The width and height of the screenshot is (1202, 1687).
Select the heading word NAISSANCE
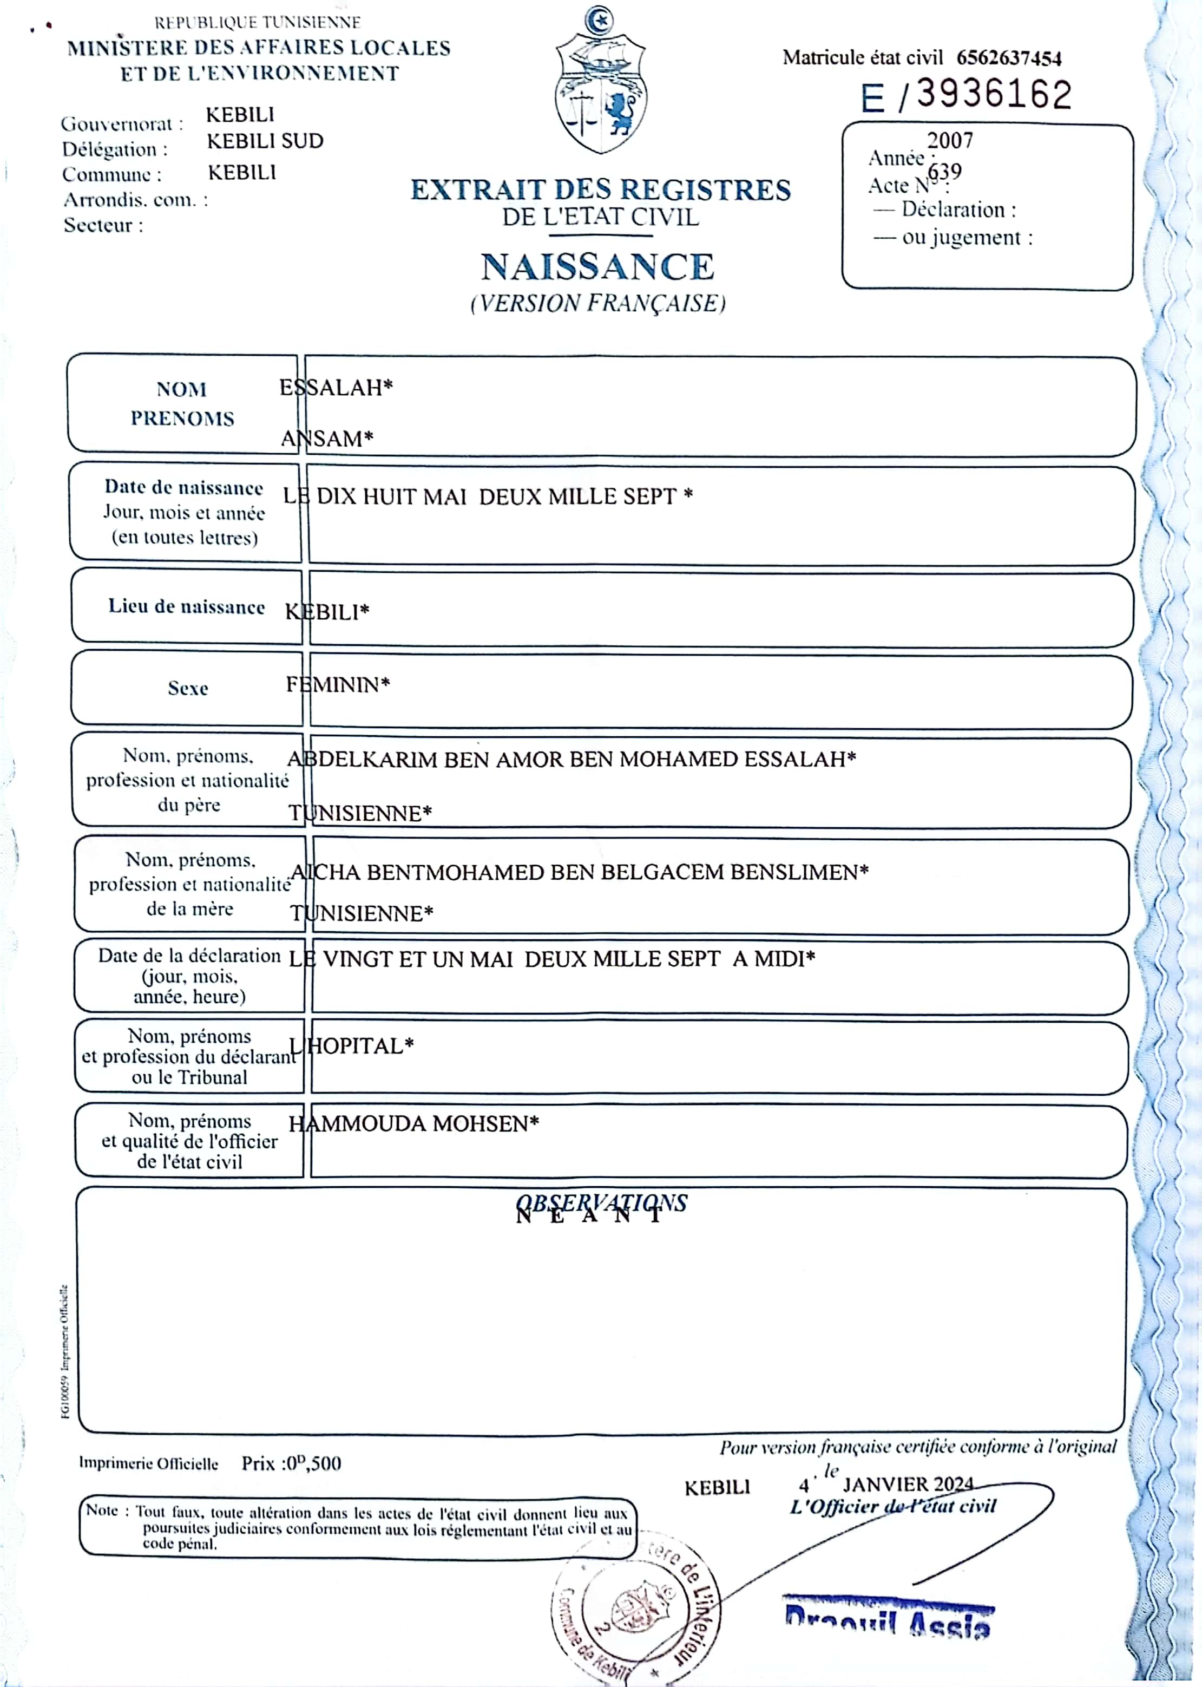[597, 267]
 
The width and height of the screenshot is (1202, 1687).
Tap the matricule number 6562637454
[1008, 58]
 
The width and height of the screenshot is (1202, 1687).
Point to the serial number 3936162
[993, 95]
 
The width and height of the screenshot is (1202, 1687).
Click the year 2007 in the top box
[950, 140]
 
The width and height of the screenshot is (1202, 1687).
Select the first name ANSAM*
[326, 439]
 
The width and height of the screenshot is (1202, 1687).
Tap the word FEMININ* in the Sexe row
[338, 685]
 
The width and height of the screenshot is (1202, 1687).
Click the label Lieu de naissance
[187, 607]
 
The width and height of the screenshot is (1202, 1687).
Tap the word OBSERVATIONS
[601, 1203]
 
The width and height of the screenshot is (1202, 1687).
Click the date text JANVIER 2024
[908, 1484]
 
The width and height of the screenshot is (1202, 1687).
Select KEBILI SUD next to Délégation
[265, 141]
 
